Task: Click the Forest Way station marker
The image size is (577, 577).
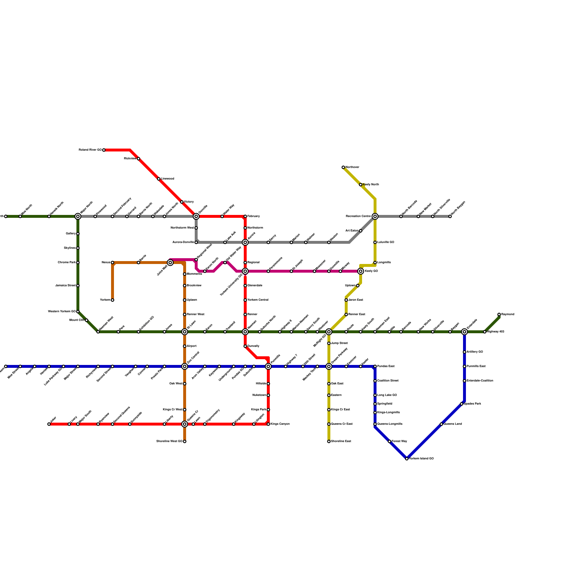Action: [389, 441]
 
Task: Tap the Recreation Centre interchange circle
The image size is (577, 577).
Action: [375, 216]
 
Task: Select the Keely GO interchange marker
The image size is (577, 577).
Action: [361, 271]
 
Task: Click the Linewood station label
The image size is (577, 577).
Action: [168, 179]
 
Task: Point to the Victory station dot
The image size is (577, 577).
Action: [182, 202]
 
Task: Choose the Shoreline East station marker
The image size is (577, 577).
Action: [329, 441]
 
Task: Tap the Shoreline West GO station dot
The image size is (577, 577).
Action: [185, 441]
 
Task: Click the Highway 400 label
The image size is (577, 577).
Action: [495, 332]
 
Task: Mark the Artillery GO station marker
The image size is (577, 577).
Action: [464, 352]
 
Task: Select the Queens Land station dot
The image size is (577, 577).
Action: [441, 424]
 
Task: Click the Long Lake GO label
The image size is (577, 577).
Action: [387, 395]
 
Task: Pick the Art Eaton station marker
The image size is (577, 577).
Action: [361, 231]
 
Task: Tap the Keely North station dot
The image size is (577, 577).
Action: [361, 185]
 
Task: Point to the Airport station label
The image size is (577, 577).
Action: [191, 346]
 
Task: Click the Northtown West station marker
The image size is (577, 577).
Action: [196, 228]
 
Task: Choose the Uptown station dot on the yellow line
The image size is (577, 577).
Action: [358, 286]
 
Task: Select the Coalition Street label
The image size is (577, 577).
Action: [388, 381]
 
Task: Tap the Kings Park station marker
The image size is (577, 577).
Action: [268, 410]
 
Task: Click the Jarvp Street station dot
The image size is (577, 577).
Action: [329, 343]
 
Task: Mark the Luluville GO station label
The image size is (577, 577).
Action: [386, 242]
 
